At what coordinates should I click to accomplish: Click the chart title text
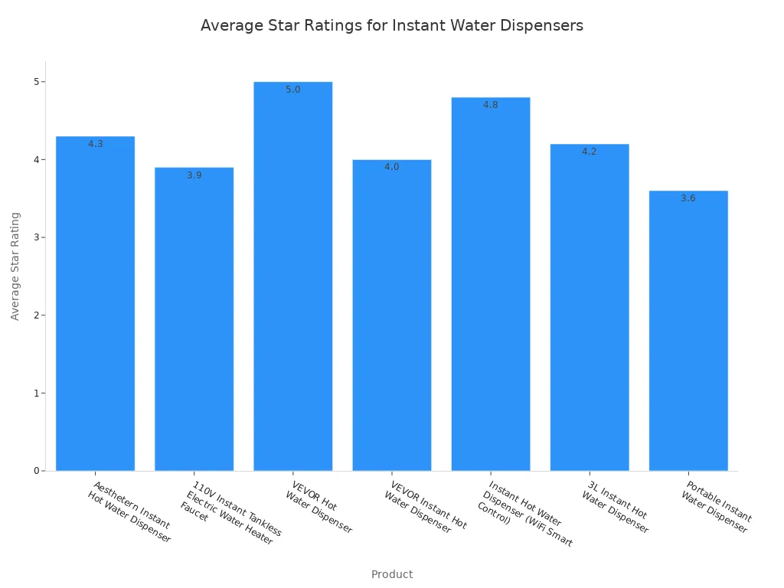pyautogui.click(x=391, y=25)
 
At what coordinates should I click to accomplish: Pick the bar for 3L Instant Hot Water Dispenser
pyautogui.click(x=589, y=307)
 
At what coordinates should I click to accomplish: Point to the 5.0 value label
pyautogui.click(x=293, y=90)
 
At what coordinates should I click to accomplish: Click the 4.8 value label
pyautogui.click(x=490, y=105)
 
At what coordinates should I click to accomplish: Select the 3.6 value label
pyautogui.click(x=688, y=198)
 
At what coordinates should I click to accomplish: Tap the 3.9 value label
pyautogui.click(x=194, y=175)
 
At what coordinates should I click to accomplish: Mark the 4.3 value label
pyautogui.click(x=95, y=144)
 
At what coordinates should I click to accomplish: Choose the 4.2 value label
pyautogui.click(x=589, y=152)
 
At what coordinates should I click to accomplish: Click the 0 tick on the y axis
pyautogui.click(x=36, y=471)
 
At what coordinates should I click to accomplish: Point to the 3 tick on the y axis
pyautogui.click(x=36, y=237)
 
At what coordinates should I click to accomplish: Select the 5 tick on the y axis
pyautogui.click(x=36, y=82)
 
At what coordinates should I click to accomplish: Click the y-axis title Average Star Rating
pyautogui.click(x=15, y=266)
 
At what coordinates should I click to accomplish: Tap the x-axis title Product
pyautogui.click(x=391, y=574)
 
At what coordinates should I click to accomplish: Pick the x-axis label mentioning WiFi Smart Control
pyautogui.click(x=525, y=514)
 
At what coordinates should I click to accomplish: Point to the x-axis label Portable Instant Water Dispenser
pyautogui.click(x=717, y=508)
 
